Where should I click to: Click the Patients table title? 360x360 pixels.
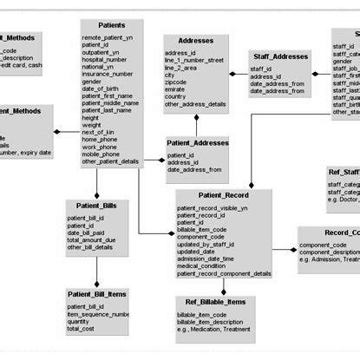111,27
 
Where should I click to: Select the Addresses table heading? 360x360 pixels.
195,41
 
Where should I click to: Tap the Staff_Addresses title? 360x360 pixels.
279,56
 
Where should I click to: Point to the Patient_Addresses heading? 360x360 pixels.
198,143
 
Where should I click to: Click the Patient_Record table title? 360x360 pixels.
223,196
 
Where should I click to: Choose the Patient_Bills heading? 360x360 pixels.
97,205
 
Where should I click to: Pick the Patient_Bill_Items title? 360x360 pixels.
97,295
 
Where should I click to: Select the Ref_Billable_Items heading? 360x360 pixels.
215,301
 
